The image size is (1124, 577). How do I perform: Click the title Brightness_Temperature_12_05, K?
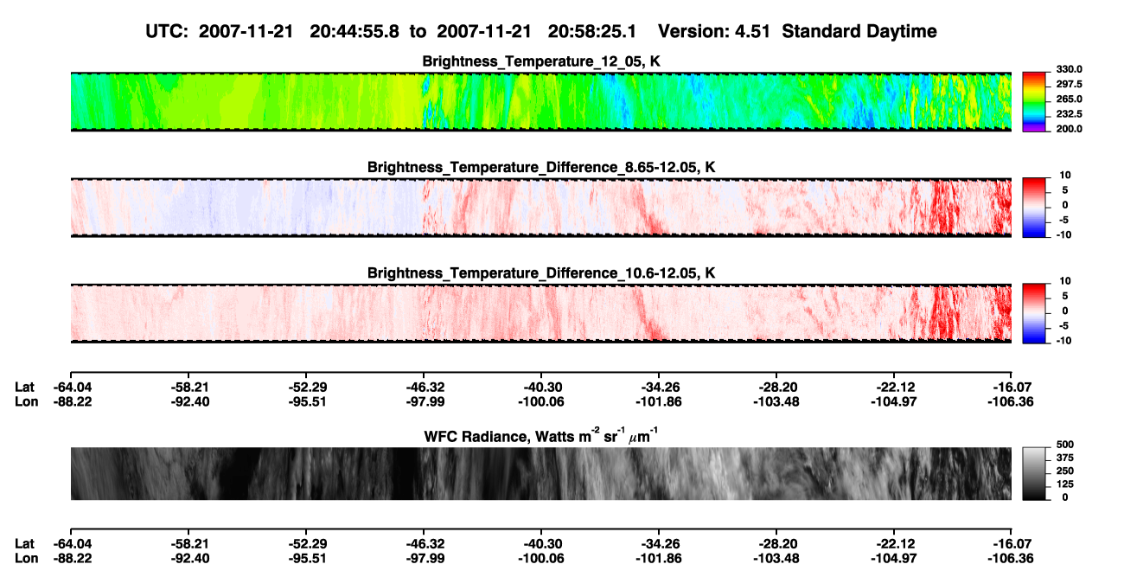pos(541,61)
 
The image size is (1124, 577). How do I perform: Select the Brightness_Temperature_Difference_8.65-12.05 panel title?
pos(541,167)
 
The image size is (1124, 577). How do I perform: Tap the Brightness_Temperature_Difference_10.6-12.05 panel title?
pos(541,273)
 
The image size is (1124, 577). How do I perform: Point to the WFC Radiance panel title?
pos(541,435)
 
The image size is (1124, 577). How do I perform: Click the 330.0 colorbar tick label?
pos(1069,69)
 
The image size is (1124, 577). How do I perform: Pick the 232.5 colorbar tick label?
pos(1069,114)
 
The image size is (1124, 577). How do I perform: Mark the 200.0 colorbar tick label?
pos(1069,129)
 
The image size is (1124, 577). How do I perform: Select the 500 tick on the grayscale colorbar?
pos(1065,445)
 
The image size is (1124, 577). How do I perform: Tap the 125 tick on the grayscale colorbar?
pos(1065,484)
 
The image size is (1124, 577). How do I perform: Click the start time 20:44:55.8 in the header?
pos(354,32)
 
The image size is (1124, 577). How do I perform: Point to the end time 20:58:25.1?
pos(592,32)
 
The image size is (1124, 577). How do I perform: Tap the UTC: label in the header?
pos(167,32)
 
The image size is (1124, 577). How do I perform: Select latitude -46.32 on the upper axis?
pos(425,388)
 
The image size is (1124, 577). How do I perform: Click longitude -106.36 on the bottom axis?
pos(1011,559)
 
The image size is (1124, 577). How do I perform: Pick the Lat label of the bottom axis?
pos(24,544)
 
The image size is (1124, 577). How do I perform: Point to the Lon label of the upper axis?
pos(26,401)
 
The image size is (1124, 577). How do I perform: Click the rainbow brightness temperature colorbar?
pos(1034,102)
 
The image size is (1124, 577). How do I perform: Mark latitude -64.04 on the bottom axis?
pos(73,544)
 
